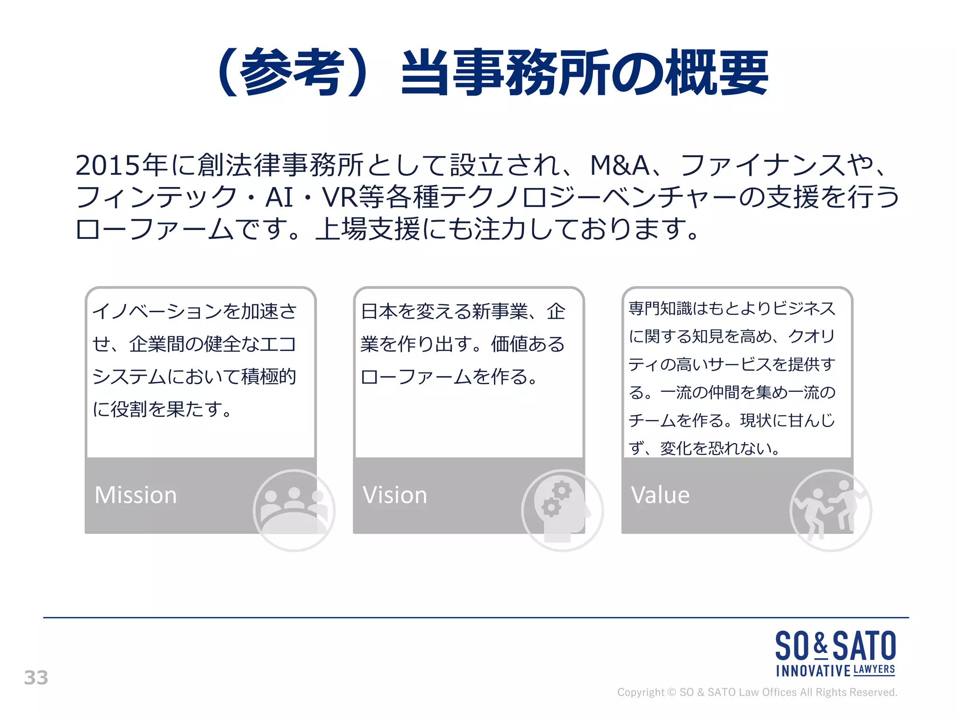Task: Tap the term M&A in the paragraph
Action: click(x=619, y=165)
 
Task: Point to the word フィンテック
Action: click(x=157, y=197)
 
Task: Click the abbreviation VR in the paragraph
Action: click(x=340, y=197)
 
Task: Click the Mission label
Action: click(x=136, y=495)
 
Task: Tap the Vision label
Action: click(x=395, y=495)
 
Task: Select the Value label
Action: click(x=660, y=495)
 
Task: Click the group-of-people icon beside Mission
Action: click(x=294, y=510)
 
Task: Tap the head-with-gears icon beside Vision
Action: click(x=562, y=510)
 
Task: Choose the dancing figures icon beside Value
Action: click(x=830, y=510)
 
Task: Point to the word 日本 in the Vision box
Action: click(x=378, y=311)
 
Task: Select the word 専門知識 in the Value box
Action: click(x=660, y=309)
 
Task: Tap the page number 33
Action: click(x=36, y=678)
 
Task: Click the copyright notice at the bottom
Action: click(x=757, y=692)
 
